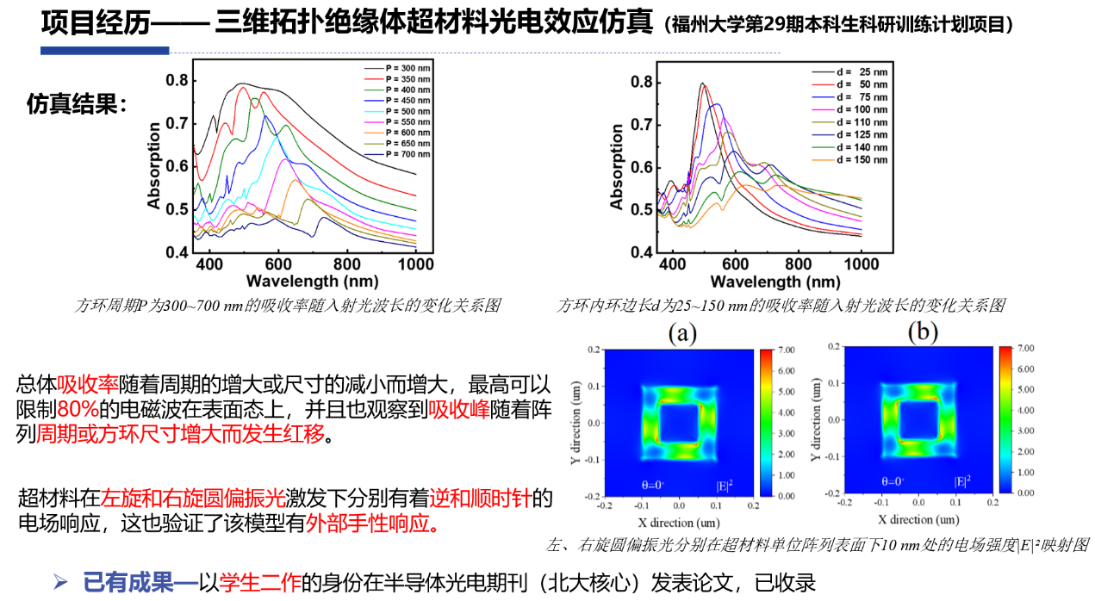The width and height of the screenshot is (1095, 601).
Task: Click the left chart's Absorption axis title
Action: pos(154,166)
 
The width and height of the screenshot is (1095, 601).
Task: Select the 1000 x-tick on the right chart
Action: pos(861,263)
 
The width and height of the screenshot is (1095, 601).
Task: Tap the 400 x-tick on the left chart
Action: pos(208,263)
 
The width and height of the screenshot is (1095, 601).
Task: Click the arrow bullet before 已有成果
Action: pos(59,582)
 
